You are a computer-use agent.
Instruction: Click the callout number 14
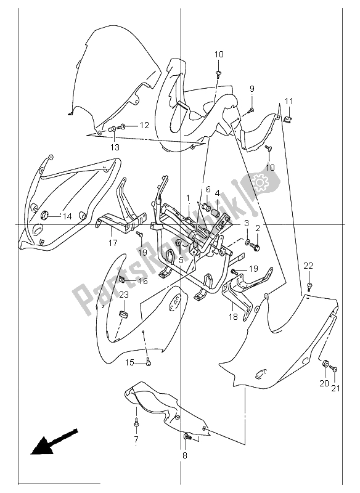67,216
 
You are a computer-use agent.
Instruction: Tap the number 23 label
123,295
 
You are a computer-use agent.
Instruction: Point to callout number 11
288,101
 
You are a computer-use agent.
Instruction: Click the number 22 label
308,266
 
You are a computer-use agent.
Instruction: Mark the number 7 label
135,439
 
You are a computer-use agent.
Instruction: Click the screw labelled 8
187,437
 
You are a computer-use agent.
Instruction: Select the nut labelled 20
325,364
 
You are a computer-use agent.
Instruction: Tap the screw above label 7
136,423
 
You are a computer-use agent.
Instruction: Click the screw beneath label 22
308,287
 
